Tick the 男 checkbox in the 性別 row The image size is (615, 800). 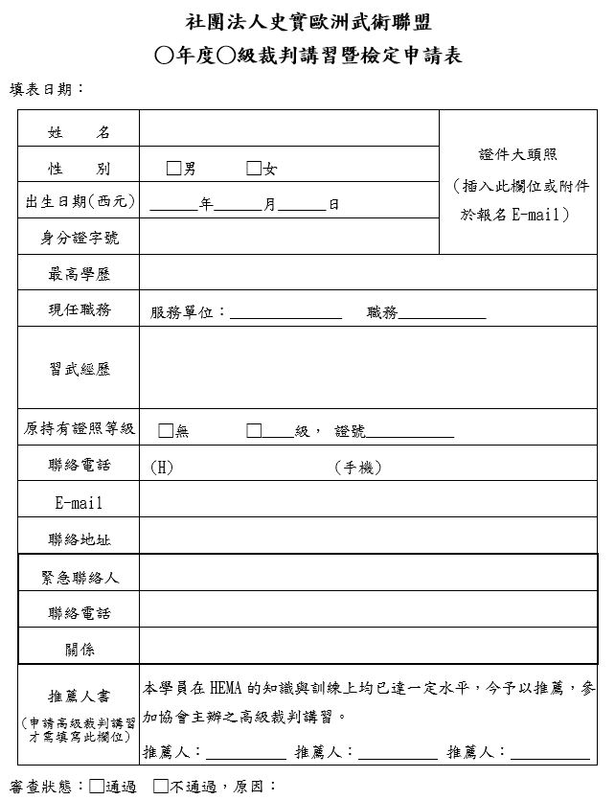pyautogui.click(x=173, y=169)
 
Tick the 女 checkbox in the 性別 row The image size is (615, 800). pyautogui.click(x=254, y=169)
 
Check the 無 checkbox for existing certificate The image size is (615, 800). pyautogui.click(x=166, y=430)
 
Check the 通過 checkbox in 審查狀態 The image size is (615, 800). pyautogui.click(x=97, y=787)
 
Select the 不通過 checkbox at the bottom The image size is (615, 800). pyautogui.click(x=160, y=787)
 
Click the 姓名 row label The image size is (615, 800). pyautogui.click(x=79, y=132)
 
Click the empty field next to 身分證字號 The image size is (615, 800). pyautogui.click(x=287, y=238)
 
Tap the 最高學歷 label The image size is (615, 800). pyautogui.click(x=79, y=274)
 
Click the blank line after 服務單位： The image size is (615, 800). pyautogui.click(x=285, y=313)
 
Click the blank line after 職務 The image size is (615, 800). pyautogui.click(x=442, y=313)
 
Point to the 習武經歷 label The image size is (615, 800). pyautogui.click(x=79, y=369)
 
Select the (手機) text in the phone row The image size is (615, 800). pyautogui.click(x=358, y=468)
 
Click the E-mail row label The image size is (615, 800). pyautogui.click(x=79, y=502)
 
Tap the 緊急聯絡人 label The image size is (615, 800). pyautogui.click(x=79, y=576)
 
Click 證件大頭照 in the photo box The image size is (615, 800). pyautogui.click(x=518, y=154)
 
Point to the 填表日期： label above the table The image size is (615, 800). pyautogui.click(x=47, y=89)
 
